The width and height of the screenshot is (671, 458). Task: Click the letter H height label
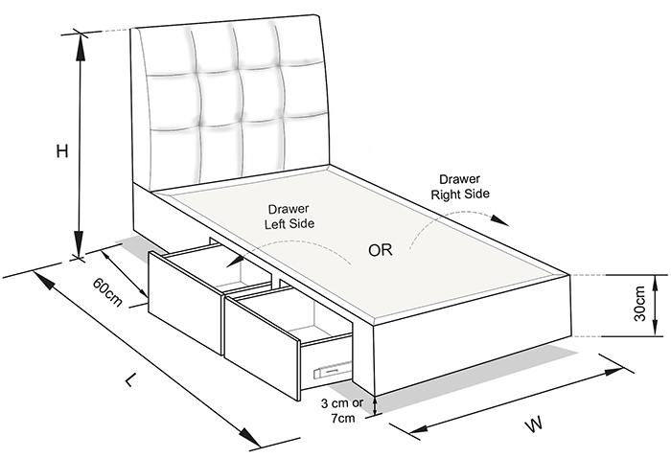(62, 151)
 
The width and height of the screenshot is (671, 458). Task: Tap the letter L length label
(131, 378)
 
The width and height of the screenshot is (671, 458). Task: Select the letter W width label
(534, 424)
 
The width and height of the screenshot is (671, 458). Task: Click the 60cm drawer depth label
(107, 292)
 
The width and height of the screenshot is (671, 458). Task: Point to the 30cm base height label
(639, 303)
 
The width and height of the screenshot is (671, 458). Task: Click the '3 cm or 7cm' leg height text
(342, 410)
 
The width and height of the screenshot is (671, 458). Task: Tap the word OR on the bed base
(380, 250)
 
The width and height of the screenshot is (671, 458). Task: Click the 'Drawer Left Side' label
(289, 217)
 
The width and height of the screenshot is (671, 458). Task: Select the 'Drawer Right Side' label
(460, 187)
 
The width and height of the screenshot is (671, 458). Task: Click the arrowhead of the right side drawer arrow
(499, 220)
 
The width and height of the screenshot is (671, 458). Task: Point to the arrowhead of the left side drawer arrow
(233, 261)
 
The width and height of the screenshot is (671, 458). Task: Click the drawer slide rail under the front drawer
(333, 369)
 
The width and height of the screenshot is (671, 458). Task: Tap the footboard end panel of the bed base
(473, 333)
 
